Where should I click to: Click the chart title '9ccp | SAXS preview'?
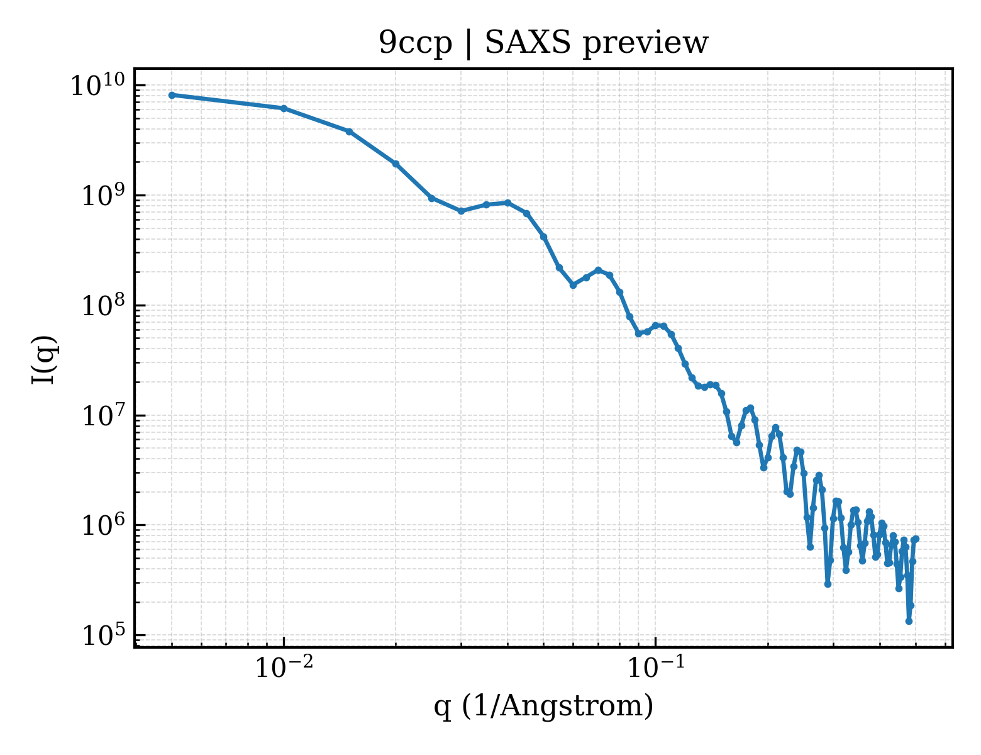(543, 43)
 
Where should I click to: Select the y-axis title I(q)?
(44, 359)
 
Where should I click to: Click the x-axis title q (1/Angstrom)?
(543, 706)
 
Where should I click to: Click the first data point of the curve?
(172, 95)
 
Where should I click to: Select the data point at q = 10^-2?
(284, 108)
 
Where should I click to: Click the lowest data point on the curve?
(909, 622)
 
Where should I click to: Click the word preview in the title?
(646, 44)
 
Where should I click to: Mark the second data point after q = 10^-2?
(396, 164)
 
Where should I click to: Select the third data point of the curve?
(350, 132)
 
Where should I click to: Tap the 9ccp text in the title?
(415, 44)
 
